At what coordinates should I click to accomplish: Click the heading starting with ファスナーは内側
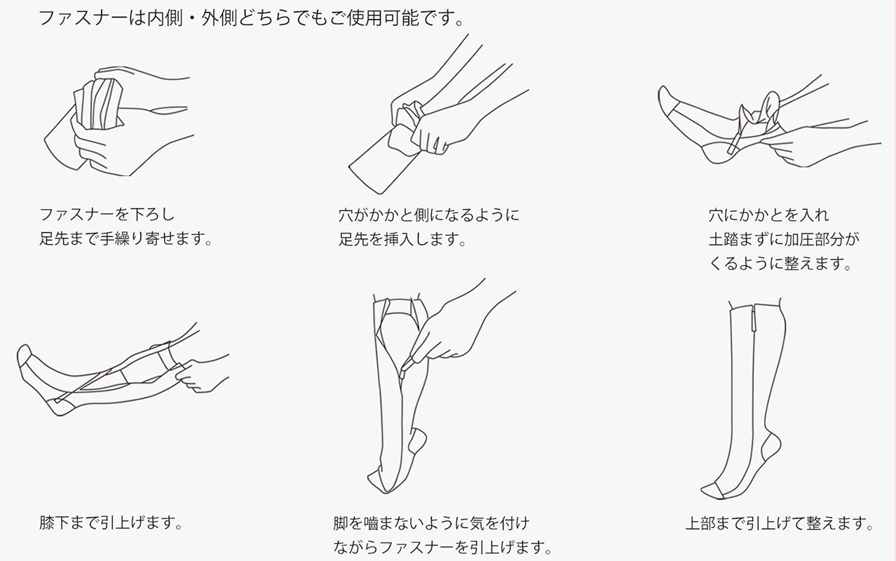pyautogui.click(x=251, y=18)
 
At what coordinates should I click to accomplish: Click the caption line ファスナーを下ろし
pyautogui.click(x=107, y=215)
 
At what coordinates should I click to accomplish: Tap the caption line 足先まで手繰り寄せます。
pyautogui.click(x=125, y=239)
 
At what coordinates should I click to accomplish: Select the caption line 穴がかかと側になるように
pyautogui.click(x=429, y=215)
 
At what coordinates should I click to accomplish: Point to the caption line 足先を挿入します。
pyautogui.click(x=402, y=239)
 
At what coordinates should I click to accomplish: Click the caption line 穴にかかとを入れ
pyautogui.click(x=768, y=215)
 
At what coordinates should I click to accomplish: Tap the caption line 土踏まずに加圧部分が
pyautogui.click(x=784, y=239)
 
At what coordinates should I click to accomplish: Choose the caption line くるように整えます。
pyautogui.click(x=780, y=263)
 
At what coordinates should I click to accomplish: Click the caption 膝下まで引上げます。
pyautogui.click(x=111, y=522)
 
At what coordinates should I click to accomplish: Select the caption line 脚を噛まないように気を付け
pyautogui.click(x=432, y=523)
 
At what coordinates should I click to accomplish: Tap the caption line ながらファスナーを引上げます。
pyautogui.click(x=442, y=547)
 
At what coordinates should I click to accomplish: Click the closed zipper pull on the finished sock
pyautogui.click(x=754, y=318)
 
